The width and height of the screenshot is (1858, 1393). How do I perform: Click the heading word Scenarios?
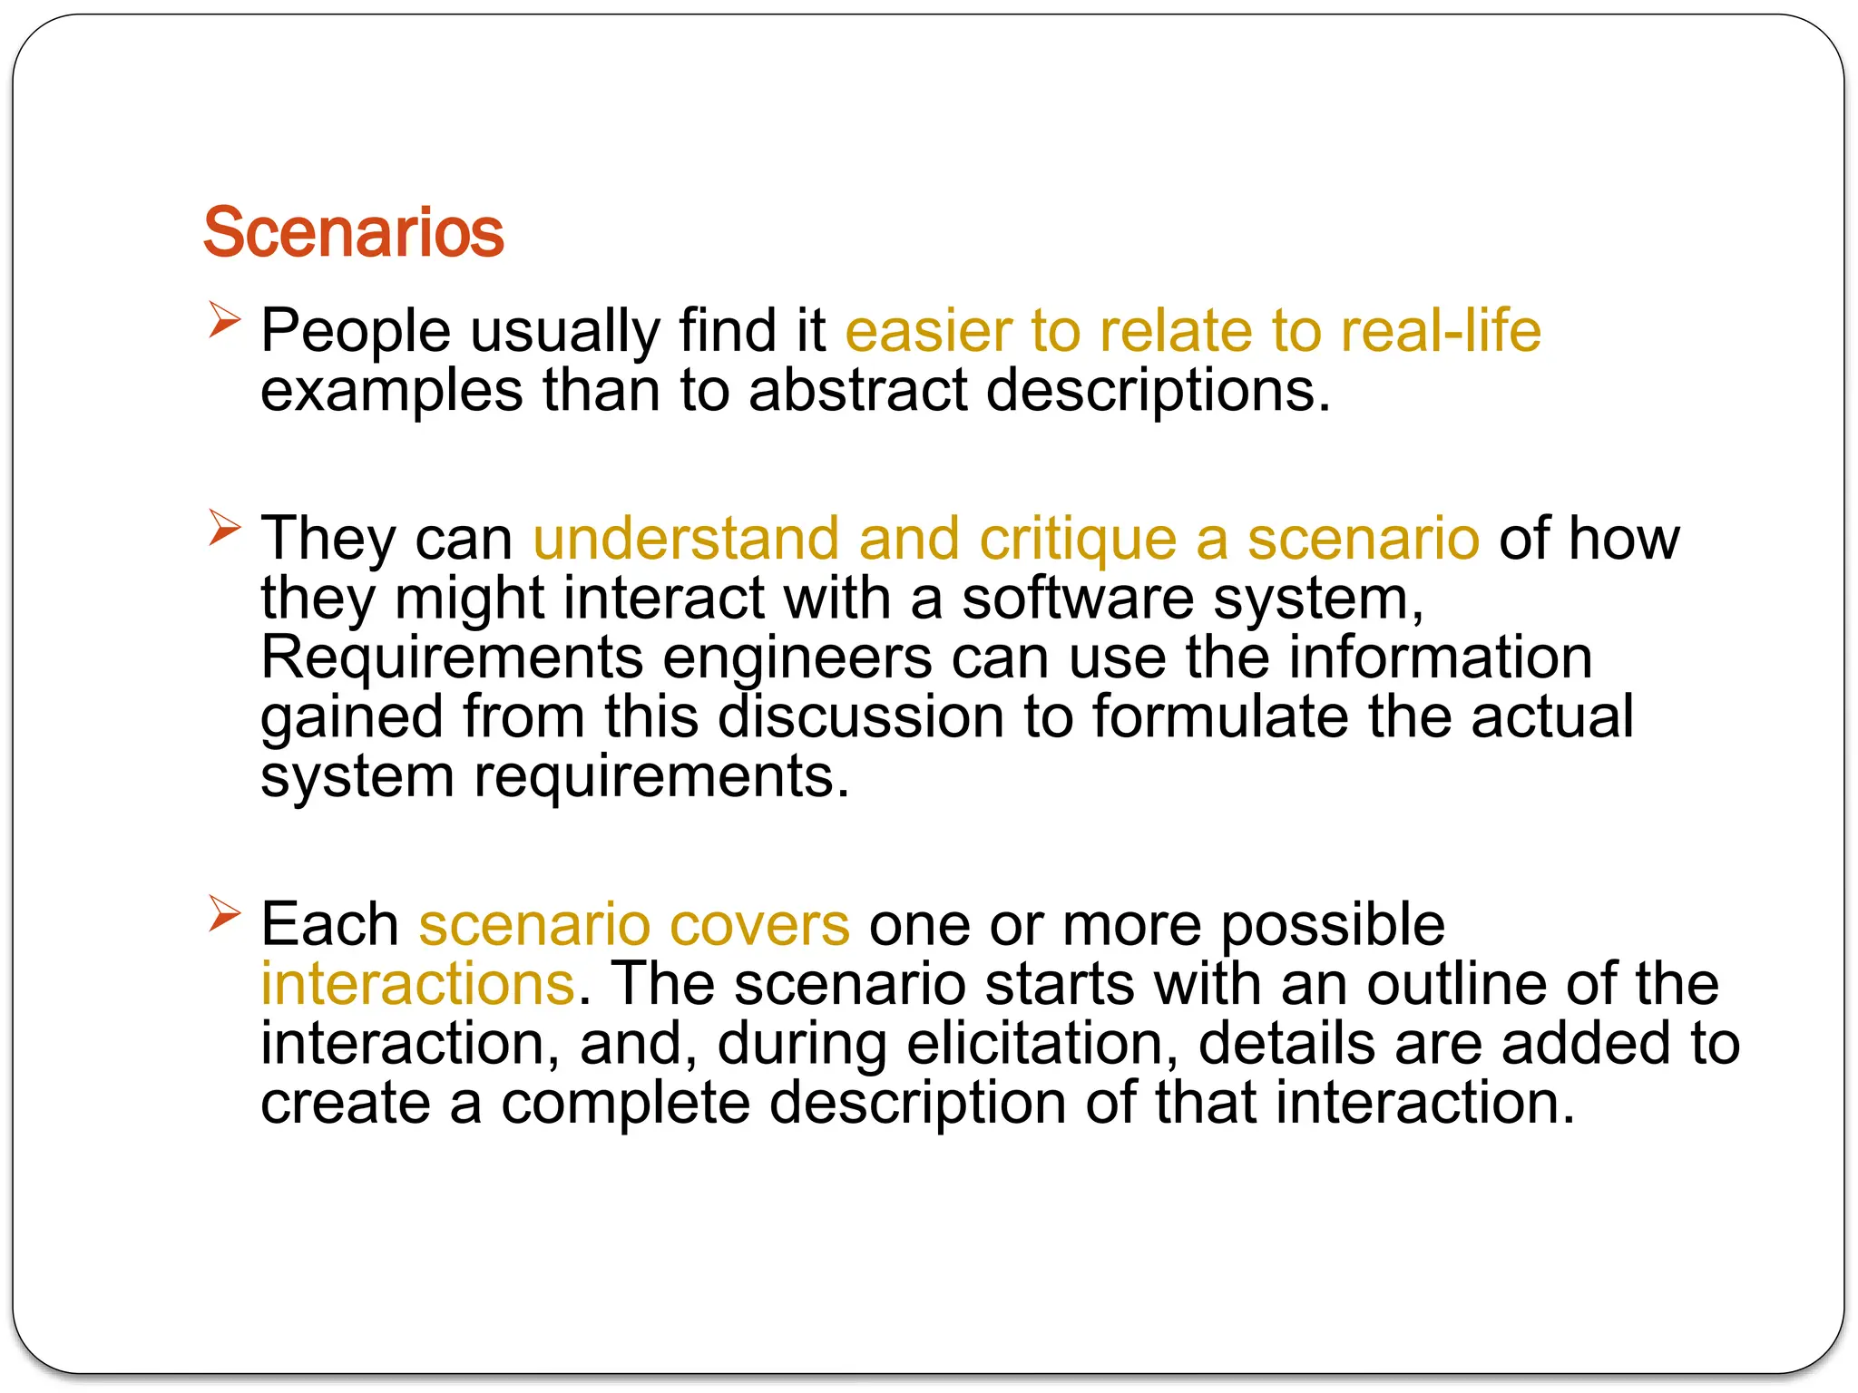pyautogui.click(x=353, y=233)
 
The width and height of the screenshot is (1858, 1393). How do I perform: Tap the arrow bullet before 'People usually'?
pyautogui.click(x=224, y=320)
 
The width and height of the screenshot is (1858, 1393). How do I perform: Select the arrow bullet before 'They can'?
pyautogui.click(x=224, y=528)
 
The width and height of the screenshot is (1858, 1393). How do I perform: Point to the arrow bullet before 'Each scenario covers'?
pyautogui.click(x=224, y=913)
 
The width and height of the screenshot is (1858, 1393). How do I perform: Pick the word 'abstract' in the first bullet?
pyautogui.click(x=858, y=391)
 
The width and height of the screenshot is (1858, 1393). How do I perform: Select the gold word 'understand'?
pyautogui.click(x=686, y=539)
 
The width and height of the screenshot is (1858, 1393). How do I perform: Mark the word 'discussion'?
pyautogui.click(x=861, y=716)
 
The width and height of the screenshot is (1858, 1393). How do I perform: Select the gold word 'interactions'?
pyautogui.click(x=418, y=984)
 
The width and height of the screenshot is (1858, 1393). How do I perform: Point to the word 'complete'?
pyautogui.click(x=625, y=1104)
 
